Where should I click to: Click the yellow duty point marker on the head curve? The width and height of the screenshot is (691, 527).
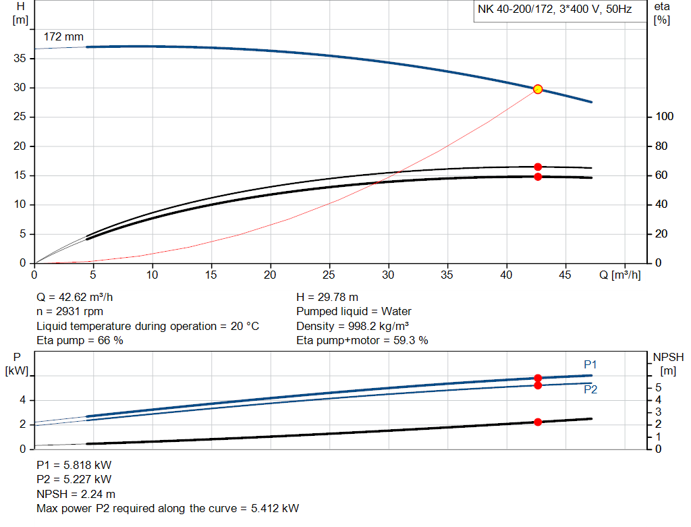[x=538, y=89]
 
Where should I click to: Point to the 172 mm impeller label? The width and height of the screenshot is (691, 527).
[x=63, y=37]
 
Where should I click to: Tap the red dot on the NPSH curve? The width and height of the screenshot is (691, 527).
[x=538, y=422]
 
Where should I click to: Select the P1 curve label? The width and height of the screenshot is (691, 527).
[x=590, y=364]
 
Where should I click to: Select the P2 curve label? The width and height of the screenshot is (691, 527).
[x=590, y=389]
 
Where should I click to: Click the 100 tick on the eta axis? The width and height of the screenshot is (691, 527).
[x=664, y=117]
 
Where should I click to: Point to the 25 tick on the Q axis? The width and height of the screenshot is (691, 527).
[x=329, y=275]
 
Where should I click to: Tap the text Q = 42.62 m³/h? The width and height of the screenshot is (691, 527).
[x=80, y=297]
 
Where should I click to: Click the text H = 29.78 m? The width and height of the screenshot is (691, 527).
[x=327, y=297]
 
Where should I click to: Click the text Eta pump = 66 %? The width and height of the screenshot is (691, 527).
[x=80, y=341]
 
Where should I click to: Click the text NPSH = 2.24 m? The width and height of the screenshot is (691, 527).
[x=76, y=494]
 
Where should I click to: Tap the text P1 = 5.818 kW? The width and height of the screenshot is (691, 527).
[x=74, y=466]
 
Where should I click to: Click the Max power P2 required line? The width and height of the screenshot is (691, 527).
[x=167, y=508]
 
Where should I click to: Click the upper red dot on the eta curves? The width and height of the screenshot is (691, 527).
[x=538, y=167]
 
